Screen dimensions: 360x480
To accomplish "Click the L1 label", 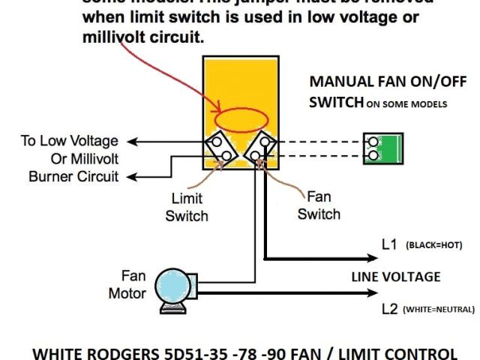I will click(389, 244).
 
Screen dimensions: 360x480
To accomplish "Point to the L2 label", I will click(389, 308).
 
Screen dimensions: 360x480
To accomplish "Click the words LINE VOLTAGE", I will click(395, 277).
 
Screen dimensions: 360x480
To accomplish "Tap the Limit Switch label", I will click(190, 208).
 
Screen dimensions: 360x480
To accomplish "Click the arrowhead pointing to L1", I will click(370, 258).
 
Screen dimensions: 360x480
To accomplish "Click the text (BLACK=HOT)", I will click(433, 245).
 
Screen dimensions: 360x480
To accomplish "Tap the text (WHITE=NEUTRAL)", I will click(439, 309).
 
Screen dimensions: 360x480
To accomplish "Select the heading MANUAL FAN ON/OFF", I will click(378, 82).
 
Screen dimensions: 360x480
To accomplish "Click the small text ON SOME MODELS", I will click(406, 104).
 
